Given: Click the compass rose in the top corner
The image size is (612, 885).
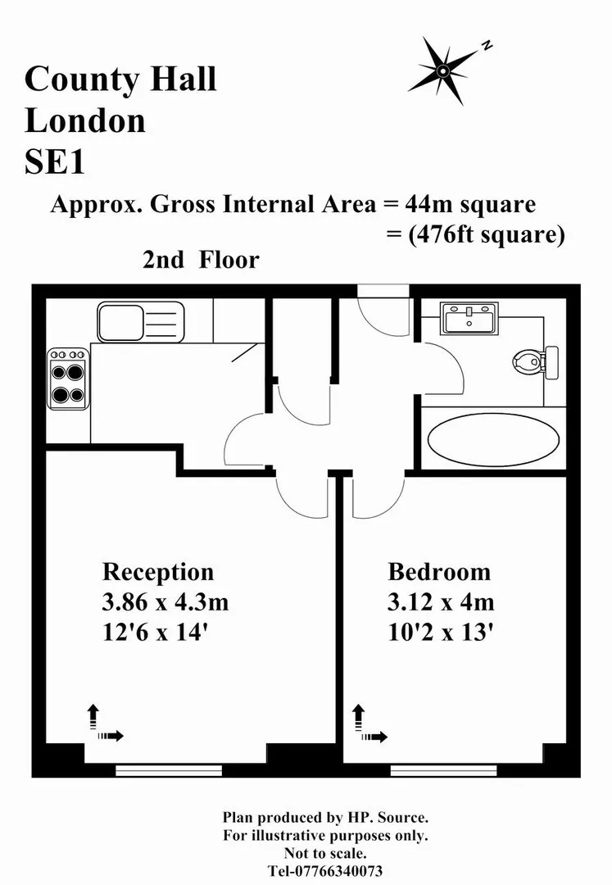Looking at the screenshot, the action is pos(443,70).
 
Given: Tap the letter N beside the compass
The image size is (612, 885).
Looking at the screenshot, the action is pos(487,46).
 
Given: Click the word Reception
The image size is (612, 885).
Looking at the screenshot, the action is pos(158,572).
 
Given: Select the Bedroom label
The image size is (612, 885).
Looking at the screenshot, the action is pos(439,572).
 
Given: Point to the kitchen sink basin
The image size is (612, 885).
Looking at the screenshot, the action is pos(120,322).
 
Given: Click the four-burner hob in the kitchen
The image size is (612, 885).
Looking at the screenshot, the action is pos(68,378).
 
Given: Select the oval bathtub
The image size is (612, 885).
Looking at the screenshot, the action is pos(493,439).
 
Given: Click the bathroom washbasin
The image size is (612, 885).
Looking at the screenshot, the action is pos(469,318).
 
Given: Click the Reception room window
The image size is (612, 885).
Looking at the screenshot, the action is pos(170,769).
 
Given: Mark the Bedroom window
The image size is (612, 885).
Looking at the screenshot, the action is pos(444,769).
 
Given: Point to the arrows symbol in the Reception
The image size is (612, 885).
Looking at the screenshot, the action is pos(104,724).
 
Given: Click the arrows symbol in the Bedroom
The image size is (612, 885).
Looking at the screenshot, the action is pos(369,724).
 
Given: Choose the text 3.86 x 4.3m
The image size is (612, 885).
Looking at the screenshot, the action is pos(165,602).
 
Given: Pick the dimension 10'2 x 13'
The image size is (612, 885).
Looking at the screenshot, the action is pos(441,632).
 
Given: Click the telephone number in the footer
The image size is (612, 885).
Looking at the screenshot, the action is pos(325,871).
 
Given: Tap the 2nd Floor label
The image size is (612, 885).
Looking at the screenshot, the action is pos(201,261).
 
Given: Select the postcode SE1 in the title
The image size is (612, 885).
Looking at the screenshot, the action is pos(55,162).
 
